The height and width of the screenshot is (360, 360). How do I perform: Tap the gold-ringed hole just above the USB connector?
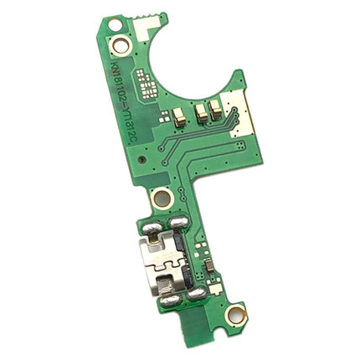[162, 199]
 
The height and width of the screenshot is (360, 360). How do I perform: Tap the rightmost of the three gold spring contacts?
[216, 105]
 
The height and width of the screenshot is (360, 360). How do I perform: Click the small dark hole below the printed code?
[141, 158]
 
